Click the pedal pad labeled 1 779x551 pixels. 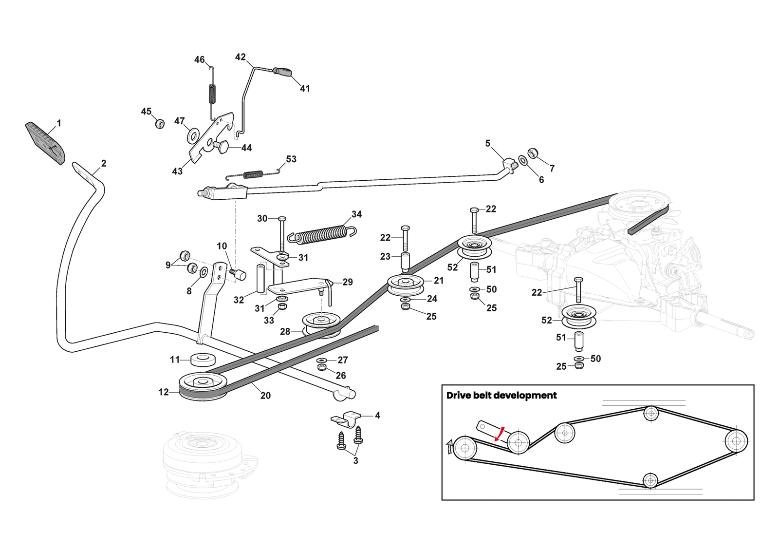45,143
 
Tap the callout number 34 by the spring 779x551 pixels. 356,214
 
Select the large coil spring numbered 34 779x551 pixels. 321,235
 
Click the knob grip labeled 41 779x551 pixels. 283,72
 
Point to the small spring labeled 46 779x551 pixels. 212,93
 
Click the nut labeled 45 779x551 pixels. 159,123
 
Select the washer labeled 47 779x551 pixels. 193,136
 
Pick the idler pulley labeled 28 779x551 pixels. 321,323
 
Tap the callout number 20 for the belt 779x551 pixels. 265,396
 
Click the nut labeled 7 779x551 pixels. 533,153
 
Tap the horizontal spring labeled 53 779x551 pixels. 253,174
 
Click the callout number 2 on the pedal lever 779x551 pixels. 104,164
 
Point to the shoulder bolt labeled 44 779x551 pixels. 222,146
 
